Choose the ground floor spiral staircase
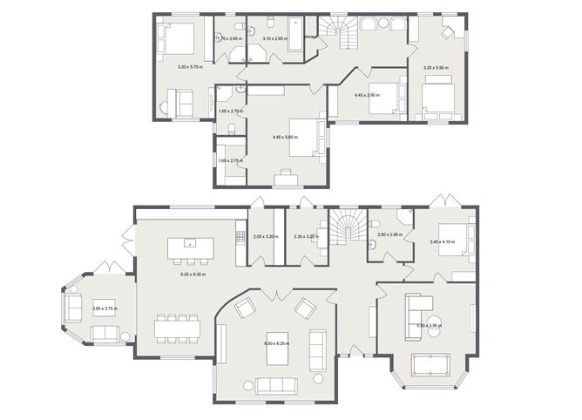pos(347,229)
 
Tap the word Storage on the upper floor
pos(309,37)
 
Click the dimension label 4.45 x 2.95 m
pos(367,94)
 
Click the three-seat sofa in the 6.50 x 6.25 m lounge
pos(274,384)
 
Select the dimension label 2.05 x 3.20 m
pos(264,236)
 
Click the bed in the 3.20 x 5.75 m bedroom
pos(179,37)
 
